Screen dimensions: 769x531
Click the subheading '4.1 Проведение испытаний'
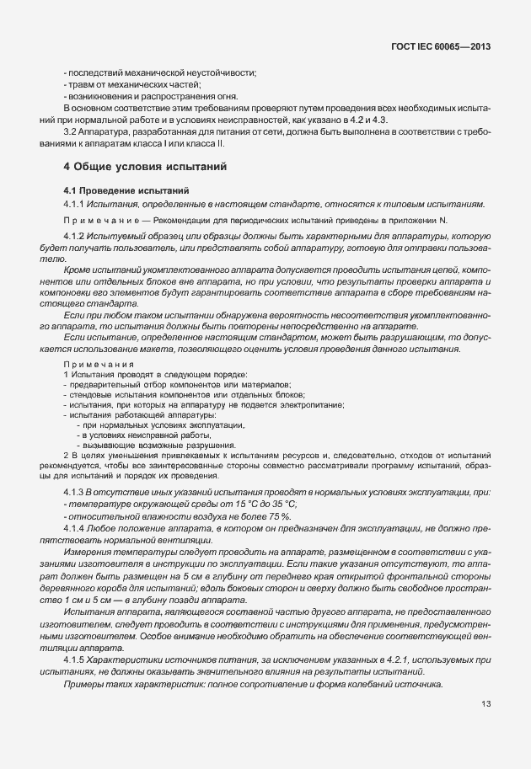coord(126,190)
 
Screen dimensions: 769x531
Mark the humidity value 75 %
coord(281,515)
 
